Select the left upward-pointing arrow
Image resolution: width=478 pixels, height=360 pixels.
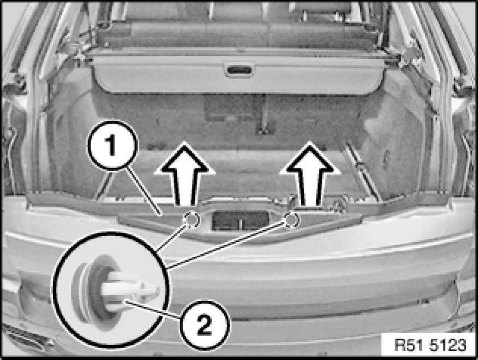point(185,174)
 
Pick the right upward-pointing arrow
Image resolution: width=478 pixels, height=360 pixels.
point(310,174)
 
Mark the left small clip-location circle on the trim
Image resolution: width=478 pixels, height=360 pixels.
point(191,220)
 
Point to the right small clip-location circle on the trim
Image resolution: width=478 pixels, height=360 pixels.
point(292,220)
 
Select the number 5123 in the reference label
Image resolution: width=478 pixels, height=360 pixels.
point(448,345)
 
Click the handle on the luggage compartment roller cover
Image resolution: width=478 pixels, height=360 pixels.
point(239,69)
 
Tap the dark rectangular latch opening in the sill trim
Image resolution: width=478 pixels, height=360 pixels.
point(240,221)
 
